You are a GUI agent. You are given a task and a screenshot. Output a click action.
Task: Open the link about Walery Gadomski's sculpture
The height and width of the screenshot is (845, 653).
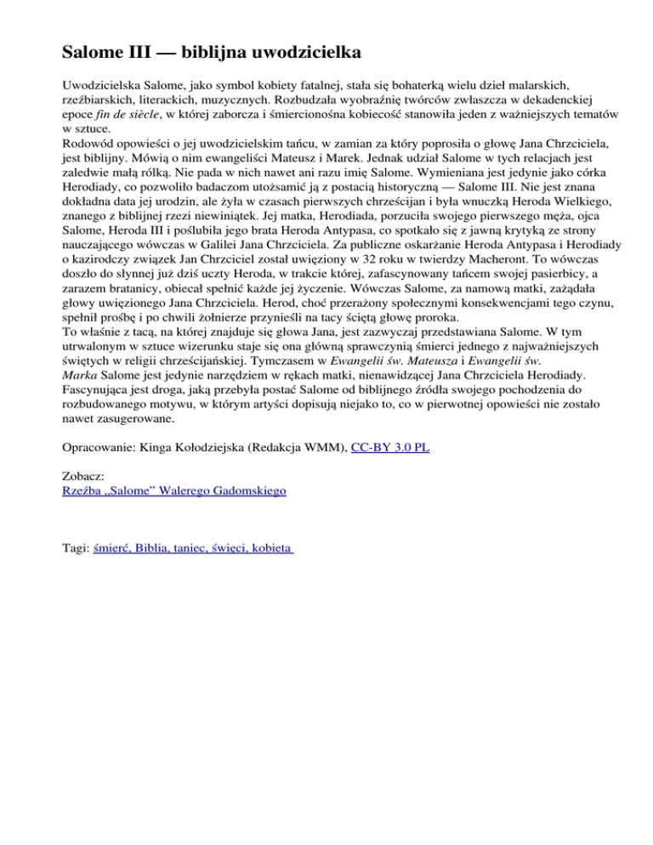click(x=174, y=491)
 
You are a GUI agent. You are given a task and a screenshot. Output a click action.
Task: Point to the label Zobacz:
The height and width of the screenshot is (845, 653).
click(x=86, y=476)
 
